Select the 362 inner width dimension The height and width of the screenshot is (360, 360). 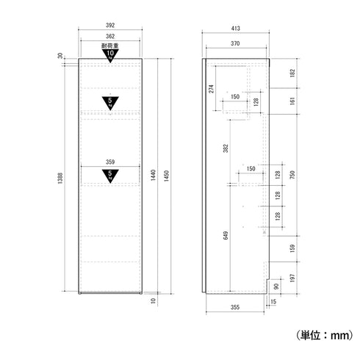pos(110,37)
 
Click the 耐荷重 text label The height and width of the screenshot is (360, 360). pos(109,46)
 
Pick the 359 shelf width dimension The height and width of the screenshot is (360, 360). pos(110,162)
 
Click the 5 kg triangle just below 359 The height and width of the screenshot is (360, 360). pos(110,175)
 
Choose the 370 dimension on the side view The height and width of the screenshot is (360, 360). pos(234,44)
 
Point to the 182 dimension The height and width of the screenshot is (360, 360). pos(292,73)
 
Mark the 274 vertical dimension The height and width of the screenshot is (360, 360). pos(212,88)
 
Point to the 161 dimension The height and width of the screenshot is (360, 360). pos(292,102)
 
